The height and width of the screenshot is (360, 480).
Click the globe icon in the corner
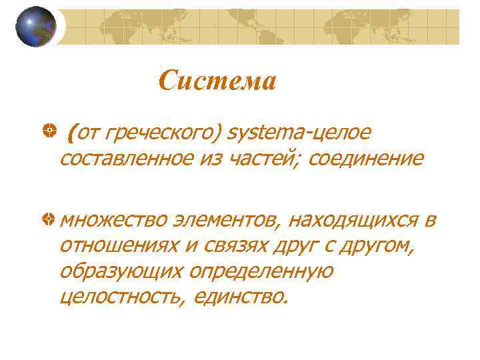pos(35,27)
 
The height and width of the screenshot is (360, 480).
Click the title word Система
pos(217,81)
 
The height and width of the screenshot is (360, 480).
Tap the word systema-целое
pos(298,133)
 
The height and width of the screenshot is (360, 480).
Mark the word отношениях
pos(119,247)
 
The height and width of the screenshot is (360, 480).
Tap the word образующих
pos(121,272)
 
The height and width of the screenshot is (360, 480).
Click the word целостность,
pos(121,297)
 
